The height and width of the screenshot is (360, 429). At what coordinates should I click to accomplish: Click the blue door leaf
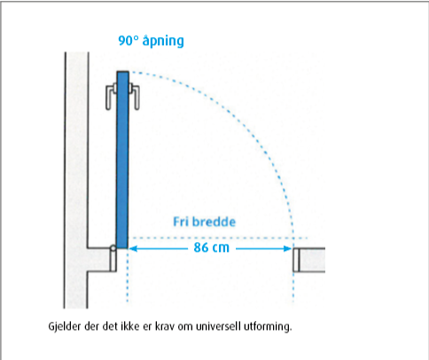pyautogui.click(x=122, y=160)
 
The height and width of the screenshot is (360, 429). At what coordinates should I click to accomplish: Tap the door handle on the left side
pyautogui.click(x=111, y=97)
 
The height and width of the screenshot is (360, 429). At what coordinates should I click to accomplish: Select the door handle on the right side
pyautogui.click(x=134, y=97)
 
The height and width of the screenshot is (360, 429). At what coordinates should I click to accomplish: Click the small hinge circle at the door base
pyautogui.click(x=113, y=248)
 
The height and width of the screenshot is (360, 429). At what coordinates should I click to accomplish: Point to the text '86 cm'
pyautogui.click(x=211, y=247)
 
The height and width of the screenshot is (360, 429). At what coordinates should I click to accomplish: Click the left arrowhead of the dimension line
pyautogui.click(x=133, y=248)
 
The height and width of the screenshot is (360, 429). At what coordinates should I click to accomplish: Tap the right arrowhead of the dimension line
pyautogui.click(x=288, y=248)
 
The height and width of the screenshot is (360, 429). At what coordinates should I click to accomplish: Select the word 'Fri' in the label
pyautogui.click(x=180, y=222)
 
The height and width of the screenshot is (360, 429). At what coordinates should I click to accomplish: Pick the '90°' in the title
pyautogui.click(x=129, y=41)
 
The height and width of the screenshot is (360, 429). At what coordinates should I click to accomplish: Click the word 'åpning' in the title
pyautogui.click(x=163, y=41)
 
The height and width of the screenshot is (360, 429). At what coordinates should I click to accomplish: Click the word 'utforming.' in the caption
pyautogui.click(x=268, y=326)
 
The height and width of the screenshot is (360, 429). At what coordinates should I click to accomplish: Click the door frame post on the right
pyautogui.click(x=296, y=260)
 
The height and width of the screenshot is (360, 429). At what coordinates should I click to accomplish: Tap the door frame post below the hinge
pyautogui.click(x=113, y=262)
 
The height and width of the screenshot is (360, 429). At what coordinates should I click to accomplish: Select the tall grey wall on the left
pyautogui.click(x=76, y=180)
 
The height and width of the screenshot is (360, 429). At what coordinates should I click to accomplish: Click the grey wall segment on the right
pyautogui.click(x=312, y=260)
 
